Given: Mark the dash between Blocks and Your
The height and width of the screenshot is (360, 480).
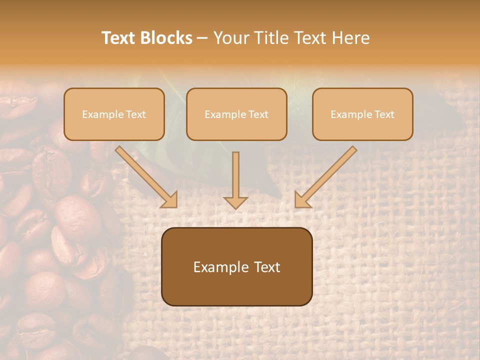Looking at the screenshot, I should click(202, 38).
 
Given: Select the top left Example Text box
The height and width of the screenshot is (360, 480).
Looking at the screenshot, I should click(114, 114).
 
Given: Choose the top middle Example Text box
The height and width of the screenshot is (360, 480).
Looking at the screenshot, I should click(236, 114).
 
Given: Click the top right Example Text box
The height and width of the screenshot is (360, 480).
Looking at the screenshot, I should click(362, 114).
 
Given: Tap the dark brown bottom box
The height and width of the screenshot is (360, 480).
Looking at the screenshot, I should click(236, 266).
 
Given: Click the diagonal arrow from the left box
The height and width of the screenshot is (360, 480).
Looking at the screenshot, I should click(146, 177).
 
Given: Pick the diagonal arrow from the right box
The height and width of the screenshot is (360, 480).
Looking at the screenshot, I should click(325, 177).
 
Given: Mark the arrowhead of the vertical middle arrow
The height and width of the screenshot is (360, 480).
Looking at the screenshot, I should click(235, 201).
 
